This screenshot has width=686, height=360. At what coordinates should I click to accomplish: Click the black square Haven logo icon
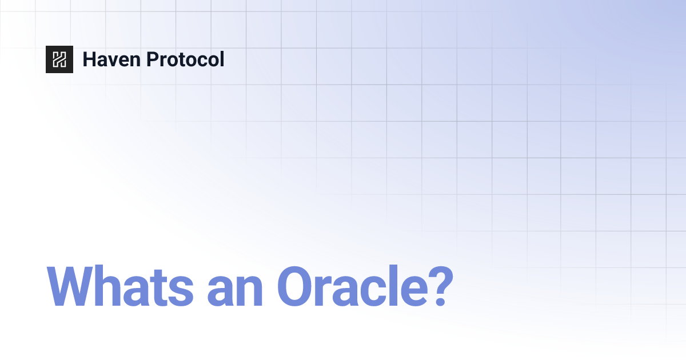point(59,59)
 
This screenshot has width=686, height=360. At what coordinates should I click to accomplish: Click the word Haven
point(109,59)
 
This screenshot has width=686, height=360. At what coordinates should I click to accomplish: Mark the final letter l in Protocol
point(222,59)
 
